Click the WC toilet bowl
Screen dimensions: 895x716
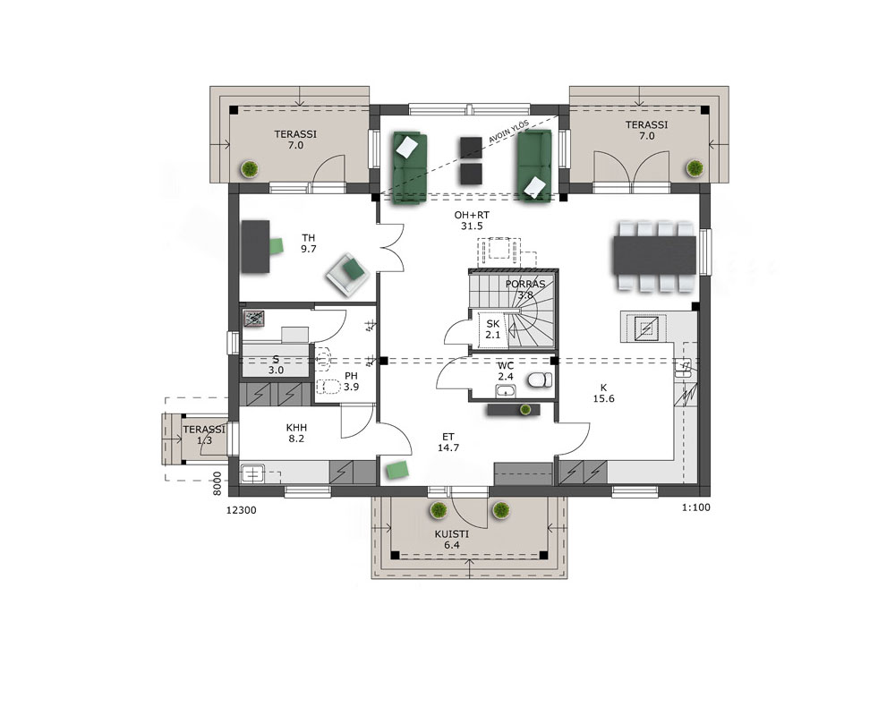pyautogui.click(x=540, y=379)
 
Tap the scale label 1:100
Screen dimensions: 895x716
pyautogui.click(x=695, y=507)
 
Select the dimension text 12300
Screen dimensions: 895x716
pyautogui.click(x=242, y=510)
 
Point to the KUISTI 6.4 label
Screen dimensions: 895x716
pyautogui.click(x=451, y=540)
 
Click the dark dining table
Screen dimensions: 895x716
pyautogui.click(x=655, y=255)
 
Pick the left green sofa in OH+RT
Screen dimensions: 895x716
pyautogui.click(x=409, y=166)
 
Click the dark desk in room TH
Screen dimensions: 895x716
pyautogui.click(x=255, y=247)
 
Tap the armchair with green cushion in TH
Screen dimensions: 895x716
pyautogui.click(x=348, y=274)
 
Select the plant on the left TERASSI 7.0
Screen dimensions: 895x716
pyautogui.click(x=250, y=169)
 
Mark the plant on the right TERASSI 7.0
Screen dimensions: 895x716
pyautogui.click(x=695, y=168)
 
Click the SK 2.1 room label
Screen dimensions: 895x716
pyautogui.click(x=492, y=329)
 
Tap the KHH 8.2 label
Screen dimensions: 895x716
pyautogui.click(x=296, y=433)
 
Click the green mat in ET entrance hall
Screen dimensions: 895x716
pyautogui.click(x=397, y=469)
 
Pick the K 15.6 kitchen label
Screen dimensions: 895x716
pyautogui.click(x=603, y=394)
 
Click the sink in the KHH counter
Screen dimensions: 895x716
pyautogui.click(x=251, y=474)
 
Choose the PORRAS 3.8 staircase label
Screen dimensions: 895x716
pyautogui.click(x=525, y=289)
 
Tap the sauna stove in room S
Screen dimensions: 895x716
pyautogui.click(x=254, y=319)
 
